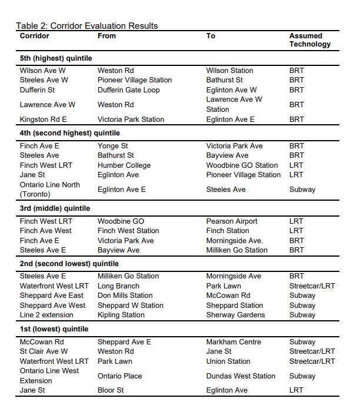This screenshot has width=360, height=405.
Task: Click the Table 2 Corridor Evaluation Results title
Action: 86,26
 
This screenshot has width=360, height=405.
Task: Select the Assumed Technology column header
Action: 309,40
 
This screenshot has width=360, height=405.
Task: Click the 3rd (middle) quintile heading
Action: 56,208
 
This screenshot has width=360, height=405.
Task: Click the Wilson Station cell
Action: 229,71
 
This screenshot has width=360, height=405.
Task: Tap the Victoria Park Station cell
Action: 131,119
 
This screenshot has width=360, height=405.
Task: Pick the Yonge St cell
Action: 112,146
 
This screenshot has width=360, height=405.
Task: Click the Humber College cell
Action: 124,165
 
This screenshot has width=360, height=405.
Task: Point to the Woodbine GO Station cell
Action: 242,165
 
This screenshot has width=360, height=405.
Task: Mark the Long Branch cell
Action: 118,286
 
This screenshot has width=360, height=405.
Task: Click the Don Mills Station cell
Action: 125,296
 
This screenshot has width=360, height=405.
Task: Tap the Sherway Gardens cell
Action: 235,315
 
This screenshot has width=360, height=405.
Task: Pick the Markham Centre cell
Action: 233,342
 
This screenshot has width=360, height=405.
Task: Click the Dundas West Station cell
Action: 241,376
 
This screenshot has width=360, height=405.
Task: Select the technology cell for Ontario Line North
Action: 302,190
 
